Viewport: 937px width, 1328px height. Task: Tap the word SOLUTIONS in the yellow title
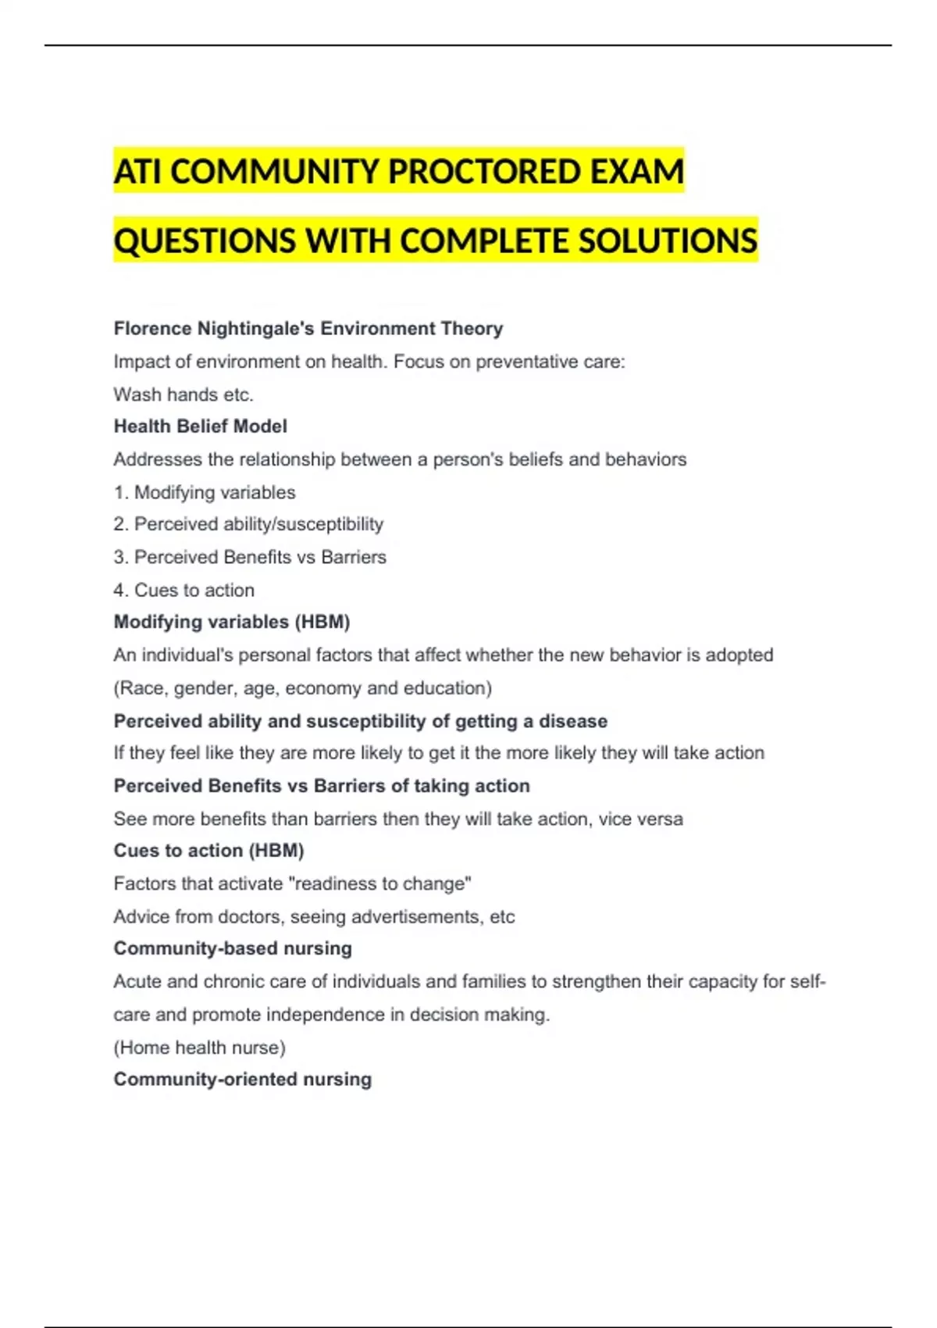pyautogui.click(x=668, y=241)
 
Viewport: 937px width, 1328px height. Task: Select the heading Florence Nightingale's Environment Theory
pyautogui.click(x=308, y=329)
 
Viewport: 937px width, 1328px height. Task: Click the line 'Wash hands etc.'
pyautogui.click(x=183, y=394)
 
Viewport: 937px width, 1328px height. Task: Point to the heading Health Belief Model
pyautogui.click(x=200, y=427)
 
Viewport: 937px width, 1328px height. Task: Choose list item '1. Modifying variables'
pyautogui.click(x=205, y=492)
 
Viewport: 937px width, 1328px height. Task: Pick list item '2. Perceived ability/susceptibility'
pyautogui.click(x=248, y=524)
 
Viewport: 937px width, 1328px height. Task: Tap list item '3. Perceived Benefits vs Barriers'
pyautogui.click(x=250, y=557)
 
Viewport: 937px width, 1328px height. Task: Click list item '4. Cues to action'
pyautogui.click(x=184, y=590)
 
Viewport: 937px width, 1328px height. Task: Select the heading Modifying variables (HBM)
pyautogui.click(x=231, y=622)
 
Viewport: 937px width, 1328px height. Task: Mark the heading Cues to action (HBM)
pyautogui.click(x=208, y=851)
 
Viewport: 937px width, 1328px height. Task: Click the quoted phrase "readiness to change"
pyautogui.click(x=379, y=884)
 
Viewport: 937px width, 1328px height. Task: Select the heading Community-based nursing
pyautogui.click(x=233, y=948)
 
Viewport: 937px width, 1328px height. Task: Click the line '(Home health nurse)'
pyautogui.click(x=199, y=1047)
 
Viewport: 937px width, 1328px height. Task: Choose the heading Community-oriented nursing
pyautogui.click(x=242, y=1080)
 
